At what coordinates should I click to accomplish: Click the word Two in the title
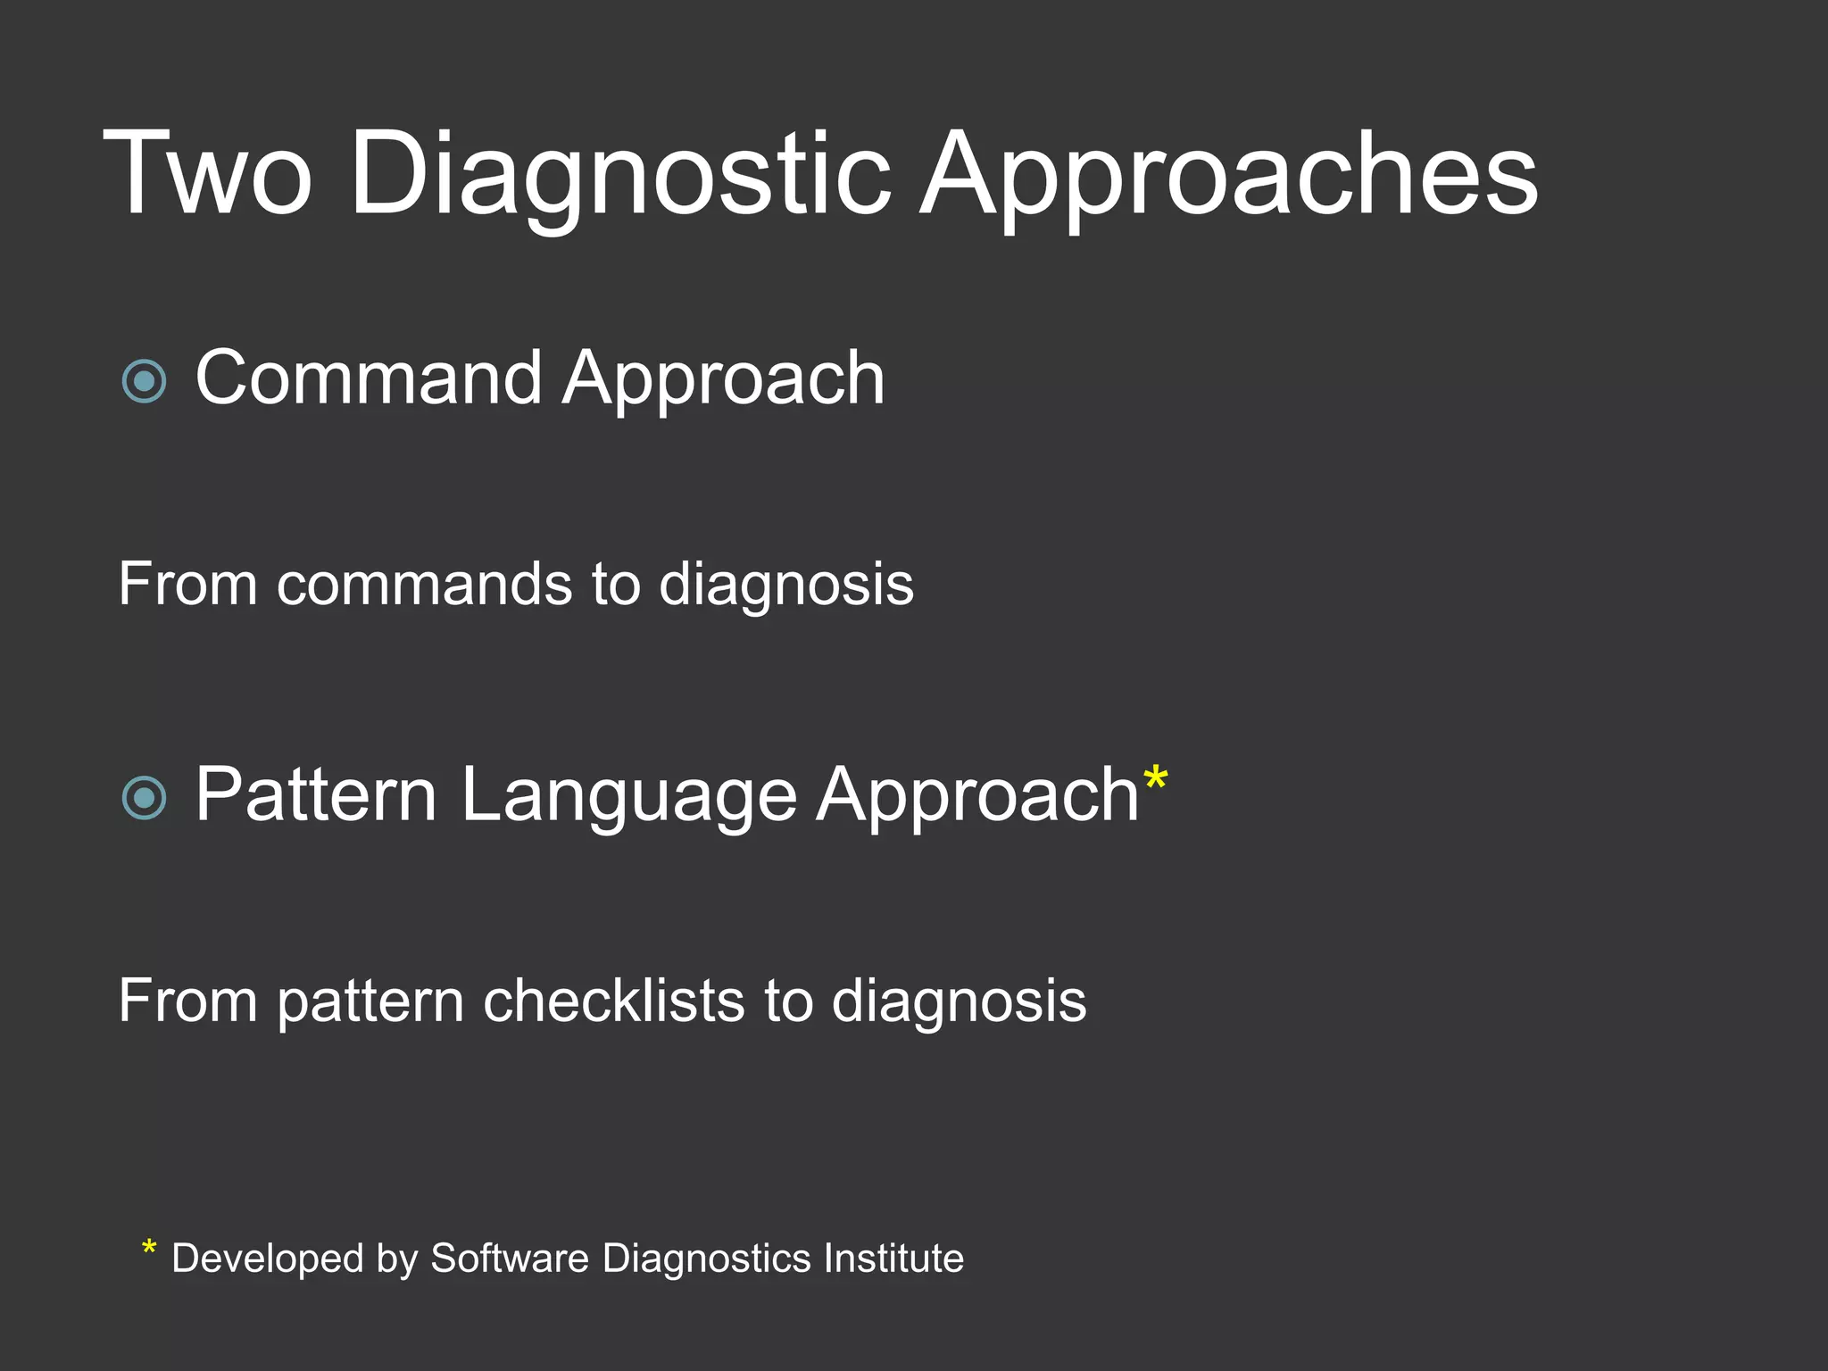(207, 174)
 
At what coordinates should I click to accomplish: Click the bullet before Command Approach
(144, 382)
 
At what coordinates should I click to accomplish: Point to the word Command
(368, 378)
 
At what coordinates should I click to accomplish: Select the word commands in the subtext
(424, 585)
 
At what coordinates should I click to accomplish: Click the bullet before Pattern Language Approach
(144, 797)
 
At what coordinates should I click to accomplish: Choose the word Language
(628, 797)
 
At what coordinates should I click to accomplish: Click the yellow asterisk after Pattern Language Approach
(1155, 778)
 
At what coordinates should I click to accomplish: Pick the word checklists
(614, 1001)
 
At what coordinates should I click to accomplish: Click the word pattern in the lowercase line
(370, 1002)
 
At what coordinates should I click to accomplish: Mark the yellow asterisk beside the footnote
(149, 1249)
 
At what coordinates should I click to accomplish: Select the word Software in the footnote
(510, 1259)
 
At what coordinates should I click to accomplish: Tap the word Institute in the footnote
(893, 1259)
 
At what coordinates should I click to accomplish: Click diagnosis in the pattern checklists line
(959, 1002)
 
